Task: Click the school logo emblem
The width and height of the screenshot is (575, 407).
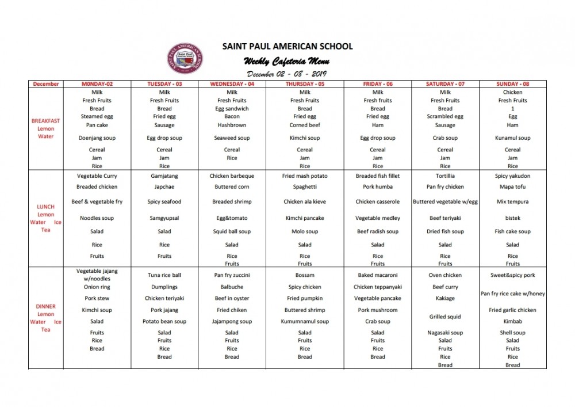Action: point(185,59)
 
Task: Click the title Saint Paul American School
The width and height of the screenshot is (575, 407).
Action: point(287,46)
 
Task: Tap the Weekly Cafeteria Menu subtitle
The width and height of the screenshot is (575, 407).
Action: point(286,62)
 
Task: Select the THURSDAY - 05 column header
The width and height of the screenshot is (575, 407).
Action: point(305,84)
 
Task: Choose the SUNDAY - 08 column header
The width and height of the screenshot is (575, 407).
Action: point(512,84)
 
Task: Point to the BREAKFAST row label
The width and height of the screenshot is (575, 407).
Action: point(45,121)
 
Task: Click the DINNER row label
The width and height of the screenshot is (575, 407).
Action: point(45,306)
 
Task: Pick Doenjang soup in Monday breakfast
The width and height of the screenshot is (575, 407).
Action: point(97,138)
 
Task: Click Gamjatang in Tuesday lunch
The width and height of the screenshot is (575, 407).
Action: point(164,176)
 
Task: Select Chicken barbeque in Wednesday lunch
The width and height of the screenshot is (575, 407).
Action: point(232,176)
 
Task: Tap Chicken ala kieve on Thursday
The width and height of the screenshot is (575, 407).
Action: point(305,202)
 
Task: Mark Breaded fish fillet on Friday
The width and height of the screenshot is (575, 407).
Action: point(378,176)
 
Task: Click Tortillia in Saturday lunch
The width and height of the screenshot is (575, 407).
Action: point(445,176)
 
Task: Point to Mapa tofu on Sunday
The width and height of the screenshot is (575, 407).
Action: point(512,187)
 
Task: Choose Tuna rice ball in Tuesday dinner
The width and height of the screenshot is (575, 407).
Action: point(164,275)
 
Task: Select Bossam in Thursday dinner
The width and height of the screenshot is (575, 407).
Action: point(305,275)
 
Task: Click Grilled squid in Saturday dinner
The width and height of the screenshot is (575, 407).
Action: point(445,317)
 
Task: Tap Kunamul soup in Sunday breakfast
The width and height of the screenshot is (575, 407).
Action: point(512,138)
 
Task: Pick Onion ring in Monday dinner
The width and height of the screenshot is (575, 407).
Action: point(97,287)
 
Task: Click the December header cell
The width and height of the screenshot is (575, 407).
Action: point(46,84)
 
